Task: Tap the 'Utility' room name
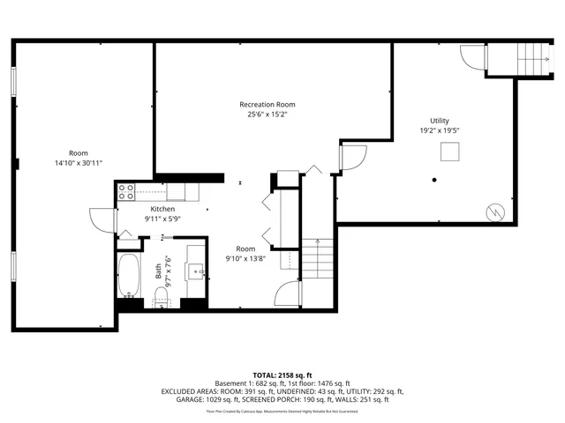click(439, 121)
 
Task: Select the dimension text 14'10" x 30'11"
click(78, 163)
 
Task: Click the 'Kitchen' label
click(162, 209)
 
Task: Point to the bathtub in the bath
click(130, 276)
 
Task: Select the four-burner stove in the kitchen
click(125, 190)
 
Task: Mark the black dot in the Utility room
click(434, 180)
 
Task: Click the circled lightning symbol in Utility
click(494, 212)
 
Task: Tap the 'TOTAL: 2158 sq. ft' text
click(282, 375)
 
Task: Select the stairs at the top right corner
click(531, 59)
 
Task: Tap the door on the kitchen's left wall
click(102, 219)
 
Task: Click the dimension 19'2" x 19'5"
click(439, 130)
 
